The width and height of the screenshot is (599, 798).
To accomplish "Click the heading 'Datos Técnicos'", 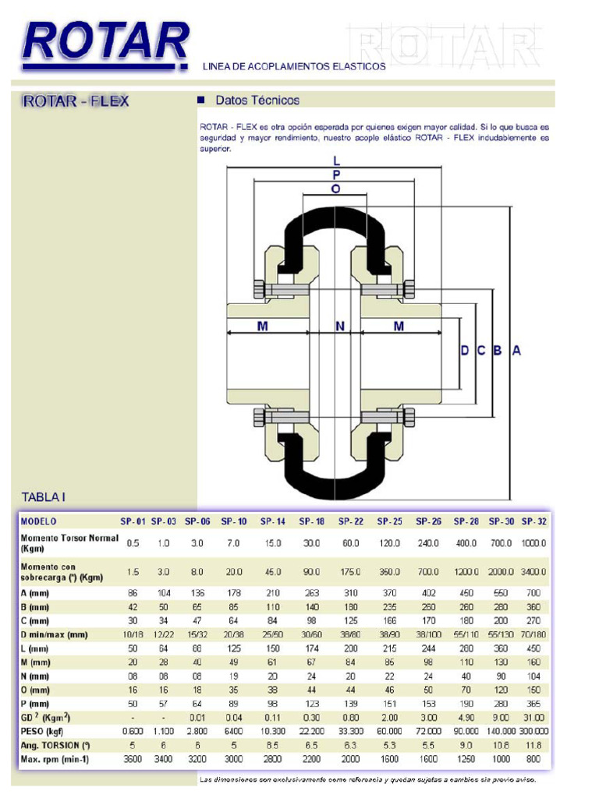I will (x=257, y=101).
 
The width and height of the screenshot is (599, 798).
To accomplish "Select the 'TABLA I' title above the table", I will (x=44, y=496).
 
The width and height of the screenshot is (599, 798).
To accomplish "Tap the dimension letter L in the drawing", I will (x=335, y=161).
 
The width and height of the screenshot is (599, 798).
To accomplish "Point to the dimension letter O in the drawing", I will (x=335, y=189).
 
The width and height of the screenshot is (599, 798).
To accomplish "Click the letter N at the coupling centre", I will (x=340, y=327).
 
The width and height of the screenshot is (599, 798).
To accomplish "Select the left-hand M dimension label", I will (x=263, y=327).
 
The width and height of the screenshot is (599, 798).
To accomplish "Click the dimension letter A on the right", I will (x=516, y=351).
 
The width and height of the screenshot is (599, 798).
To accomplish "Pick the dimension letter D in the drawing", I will (x=465, y=351).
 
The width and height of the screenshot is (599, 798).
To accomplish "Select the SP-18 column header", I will (x=314, y=521).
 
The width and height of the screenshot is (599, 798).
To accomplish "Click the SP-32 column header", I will (x=534, y=521).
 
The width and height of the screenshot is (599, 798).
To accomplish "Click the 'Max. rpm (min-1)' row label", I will (x=55, y=759).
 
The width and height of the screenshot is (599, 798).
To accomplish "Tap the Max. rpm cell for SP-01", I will (x=133, y=759).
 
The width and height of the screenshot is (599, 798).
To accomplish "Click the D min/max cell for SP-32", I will (x=534, y=635).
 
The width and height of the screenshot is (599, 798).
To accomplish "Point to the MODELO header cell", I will (x=39, y=521).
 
